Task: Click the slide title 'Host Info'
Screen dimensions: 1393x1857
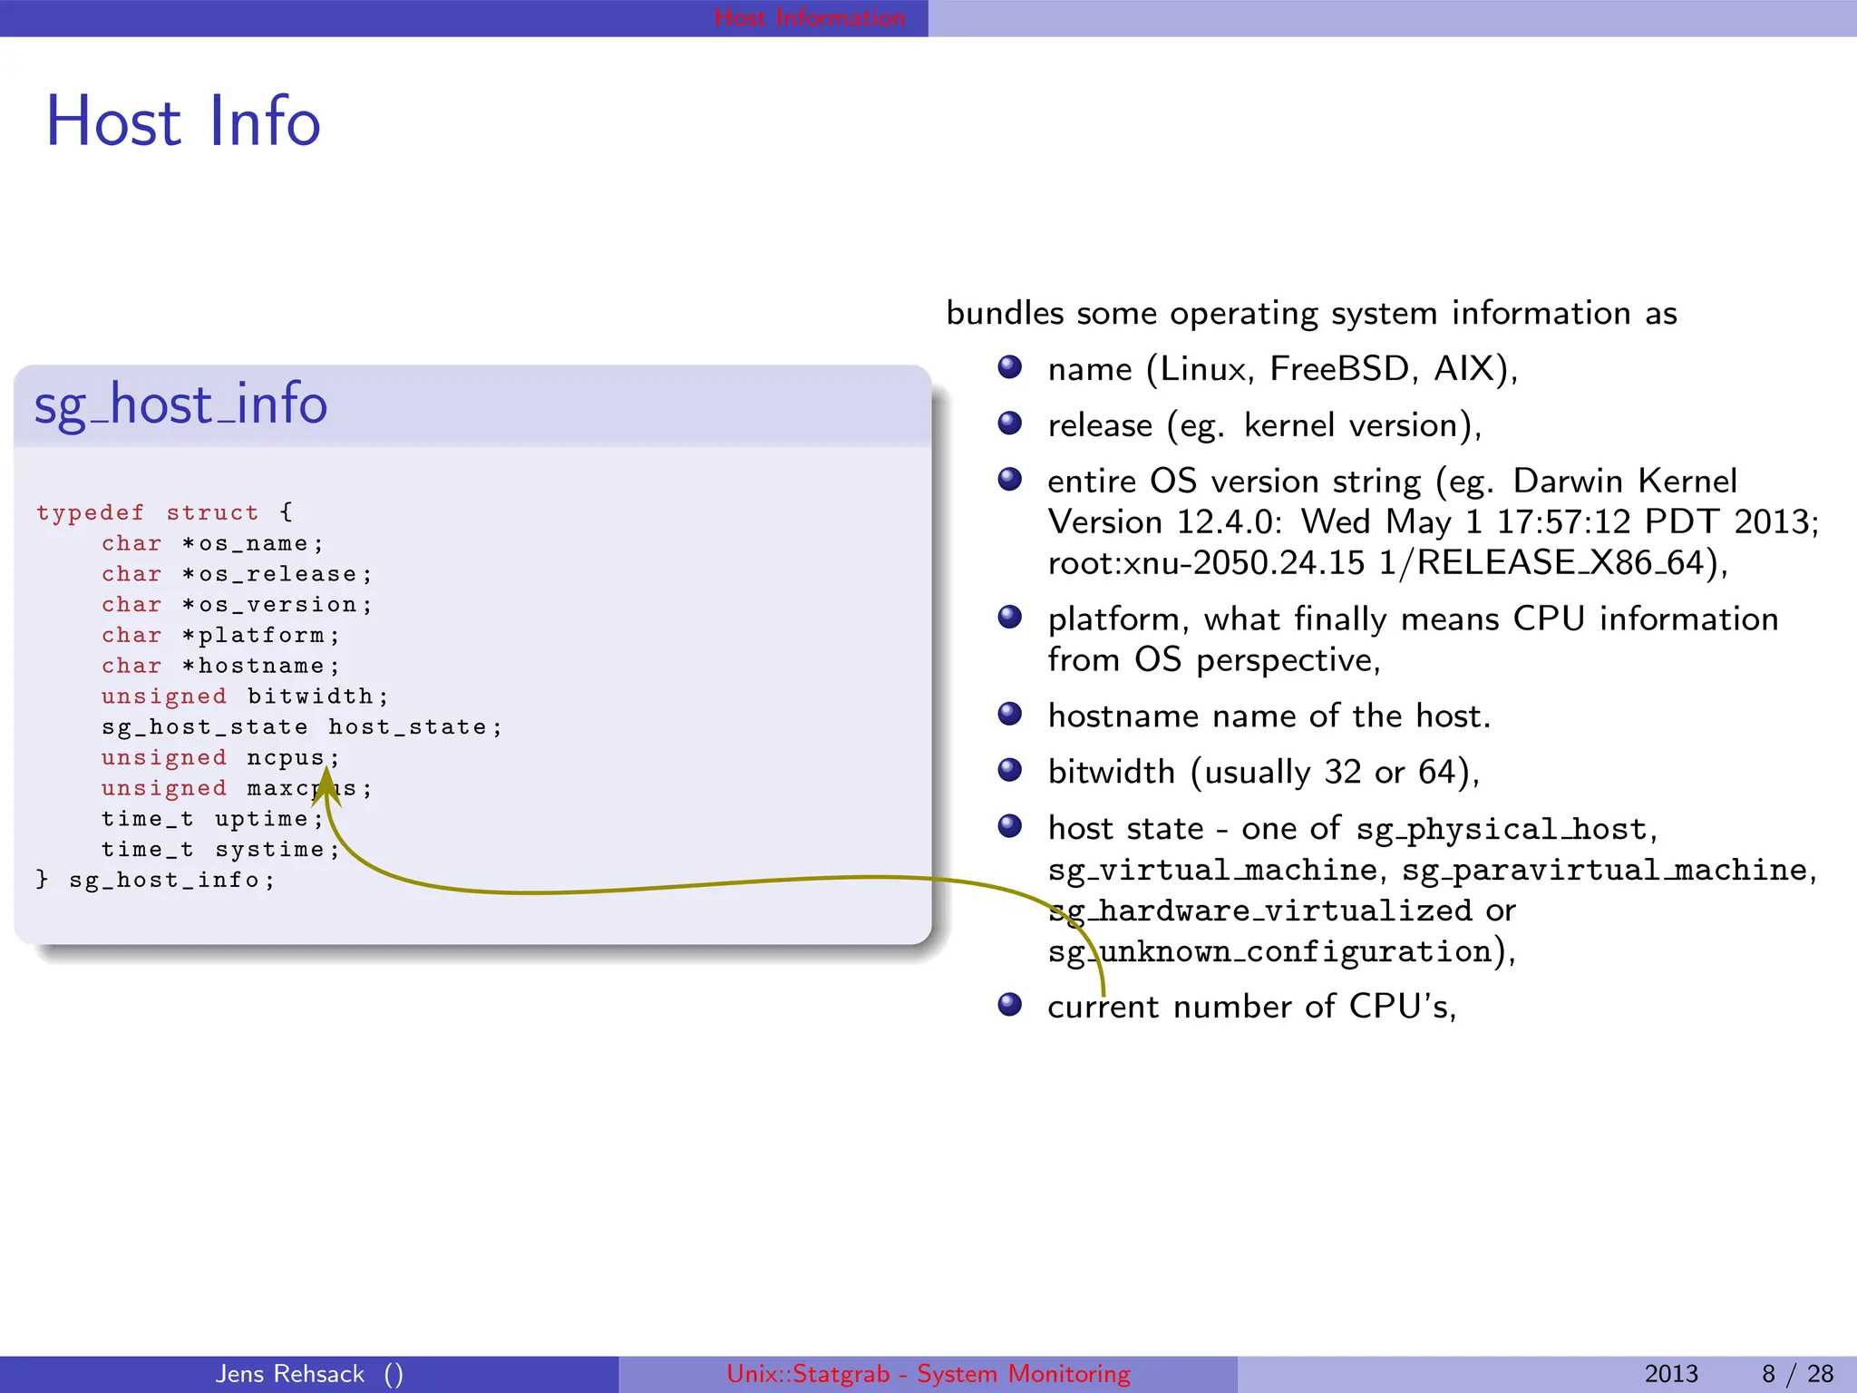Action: (183, 122)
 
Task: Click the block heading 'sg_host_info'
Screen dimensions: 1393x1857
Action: (180, 404)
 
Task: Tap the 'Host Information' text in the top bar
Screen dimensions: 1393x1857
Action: (809, 17)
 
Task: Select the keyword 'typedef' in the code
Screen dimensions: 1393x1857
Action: (90, 513)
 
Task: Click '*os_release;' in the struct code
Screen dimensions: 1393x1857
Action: (277, 575)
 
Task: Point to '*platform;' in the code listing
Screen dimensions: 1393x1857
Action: (260, 636)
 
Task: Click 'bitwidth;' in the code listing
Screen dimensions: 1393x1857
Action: (317, 696)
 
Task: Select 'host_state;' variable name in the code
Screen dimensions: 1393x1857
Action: (414, 727)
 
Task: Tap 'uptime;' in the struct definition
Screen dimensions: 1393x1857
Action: (268, 819)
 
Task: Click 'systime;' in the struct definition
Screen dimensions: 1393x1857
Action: (277, 850)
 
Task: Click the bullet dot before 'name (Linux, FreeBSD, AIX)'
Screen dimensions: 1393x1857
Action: (1009, 367)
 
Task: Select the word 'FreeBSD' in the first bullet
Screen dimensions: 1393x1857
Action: (1339, 369)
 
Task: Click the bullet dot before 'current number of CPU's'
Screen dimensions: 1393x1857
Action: (1009, 1005)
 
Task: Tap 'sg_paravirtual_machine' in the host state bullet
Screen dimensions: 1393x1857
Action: (1604, 871)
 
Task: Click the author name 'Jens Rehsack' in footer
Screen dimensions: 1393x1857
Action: (290, 1374)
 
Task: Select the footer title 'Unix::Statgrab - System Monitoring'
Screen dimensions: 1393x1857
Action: (928, 1374)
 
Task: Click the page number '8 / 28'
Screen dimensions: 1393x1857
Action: (1797, 1374)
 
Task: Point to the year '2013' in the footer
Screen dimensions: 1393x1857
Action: (1670, 1374)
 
